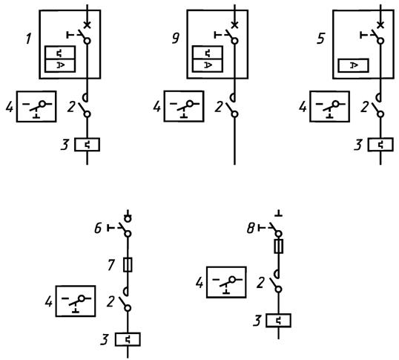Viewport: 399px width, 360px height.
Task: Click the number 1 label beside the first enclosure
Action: click(28, 39)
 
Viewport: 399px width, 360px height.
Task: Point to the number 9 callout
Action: click(176, 39)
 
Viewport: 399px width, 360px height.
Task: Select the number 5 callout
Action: click(321, 39)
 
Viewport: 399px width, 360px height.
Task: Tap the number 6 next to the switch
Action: click(98, 228)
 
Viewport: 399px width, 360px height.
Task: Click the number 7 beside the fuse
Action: click(111, 264)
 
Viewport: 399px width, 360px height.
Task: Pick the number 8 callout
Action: click(251, 229)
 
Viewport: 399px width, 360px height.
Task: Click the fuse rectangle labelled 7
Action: click(128, 265)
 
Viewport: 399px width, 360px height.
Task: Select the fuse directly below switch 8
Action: click(279, 246)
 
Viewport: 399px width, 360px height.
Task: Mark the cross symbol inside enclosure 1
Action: click(87, 24)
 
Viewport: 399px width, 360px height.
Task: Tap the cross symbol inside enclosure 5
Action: click(380, 24)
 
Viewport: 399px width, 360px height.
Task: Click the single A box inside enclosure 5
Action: click(353, 65)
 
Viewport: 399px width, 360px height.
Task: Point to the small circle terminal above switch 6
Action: click(128, 218)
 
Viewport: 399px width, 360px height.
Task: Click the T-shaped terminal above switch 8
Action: click(279, 213)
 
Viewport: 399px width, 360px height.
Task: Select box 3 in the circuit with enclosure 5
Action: click(380, 145)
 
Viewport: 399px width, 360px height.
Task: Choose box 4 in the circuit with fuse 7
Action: click(76, 301)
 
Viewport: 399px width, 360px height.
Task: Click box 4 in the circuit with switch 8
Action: click(226, 282)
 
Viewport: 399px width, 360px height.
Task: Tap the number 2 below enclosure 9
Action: click(219, 107)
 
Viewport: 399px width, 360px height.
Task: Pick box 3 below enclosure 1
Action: click(87, 145)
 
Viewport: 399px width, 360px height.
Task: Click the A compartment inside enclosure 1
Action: click(60, 65)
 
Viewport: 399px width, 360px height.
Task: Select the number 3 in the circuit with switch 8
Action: click(257, 321)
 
